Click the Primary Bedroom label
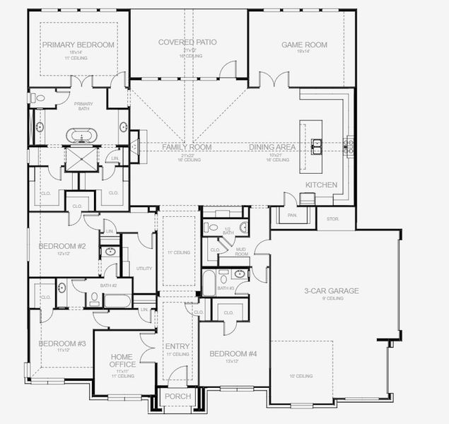click(78, 45)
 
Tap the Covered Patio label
click(187, 42)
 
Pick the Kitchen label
click(321, 184)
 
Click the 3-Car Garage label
click(332, 290)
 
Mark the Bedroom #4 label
click(233, 353)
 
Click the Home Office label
click(122, 360)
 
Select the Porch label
click(177, 396)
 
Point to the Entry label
click(177, 346)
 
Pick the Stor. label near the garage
click(332, 219)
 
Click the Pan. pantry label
click(292, 215)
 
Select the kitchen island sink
click(317, 146)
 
